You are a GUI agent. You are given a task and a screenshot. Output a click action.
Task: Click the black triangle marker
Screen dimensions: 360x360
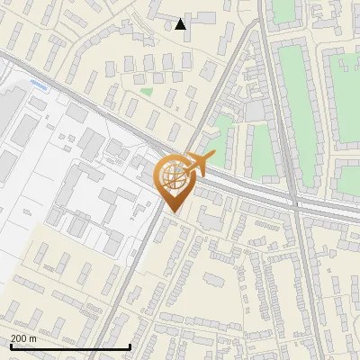pyautogui.click(x=181, y=24)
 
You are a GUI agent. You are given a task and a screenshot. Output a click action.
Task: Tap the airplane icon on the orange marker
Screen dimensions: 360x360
pyautogui.click(x=200, y=164)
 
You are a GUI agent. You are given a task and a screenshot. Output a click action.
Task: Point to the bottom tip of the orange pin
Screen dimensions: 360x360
pyautogui.click(x=173, y=211)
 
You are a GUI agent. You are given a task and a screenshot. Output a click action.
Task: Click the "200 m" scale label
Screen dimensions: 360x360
pyautogui.click(x=23, y=338)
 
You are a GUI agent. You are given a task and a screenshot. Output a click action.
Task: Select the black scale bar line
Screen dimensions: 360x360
pyautogui.click(x=70, y=346)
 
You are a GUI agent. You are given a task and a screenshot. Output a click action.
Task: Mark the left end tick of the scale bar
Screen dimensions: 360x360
pyautogui.click(x=10, y=345)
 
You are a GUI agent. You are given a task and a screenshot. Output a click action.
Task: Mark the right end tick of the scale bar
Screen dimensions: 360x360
pyautogui.click(x=130, y=345)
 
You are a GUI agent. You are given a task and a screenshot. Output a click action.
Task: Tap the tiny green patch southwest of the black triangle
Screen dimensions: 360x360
pyautogui.click(x=146, y=91)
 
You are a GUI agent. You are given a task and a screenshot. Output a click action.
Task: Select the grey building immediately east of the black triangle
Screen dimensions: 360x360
pyautogui.click(x=202, y=18)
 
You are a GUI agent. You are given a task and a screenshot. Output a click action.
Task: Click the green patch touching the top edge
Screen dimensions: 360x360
pyautogui.click(x=283, y=11)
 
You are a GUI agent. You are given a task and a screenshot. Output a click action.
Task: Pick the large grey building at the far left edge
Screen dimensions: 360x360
pyautogui.click(x=7, y=117)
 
